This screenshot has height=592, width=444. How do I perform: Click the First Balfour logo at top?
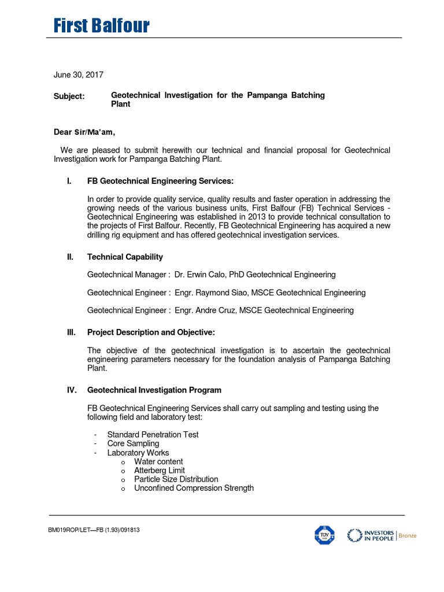[102, 26]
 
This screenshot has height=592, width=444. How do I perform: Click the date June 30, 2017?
[79, 75]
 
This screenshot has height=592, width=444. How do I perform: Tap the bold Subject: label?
[69, 96]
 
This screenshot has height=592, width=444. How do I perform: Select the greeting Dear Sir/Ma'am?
[88, 132]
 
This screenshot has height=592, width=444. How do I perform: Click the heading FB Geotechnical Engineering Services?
[160, 181]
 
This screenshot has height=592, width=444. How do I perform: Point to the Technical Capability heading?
[125, 257]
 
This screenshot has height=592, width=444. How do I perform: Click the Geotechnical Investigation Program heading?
[154, 390]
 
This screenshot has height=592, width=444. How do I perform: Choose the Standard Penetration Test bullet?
[153, 434]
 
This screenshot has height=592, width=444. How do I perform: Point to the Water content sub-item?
[158, 461]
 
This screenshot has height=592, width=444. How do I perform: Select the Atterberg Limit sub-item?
[160, 471]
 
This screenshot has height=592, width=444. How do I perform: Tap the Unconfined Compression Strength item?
[194, 488]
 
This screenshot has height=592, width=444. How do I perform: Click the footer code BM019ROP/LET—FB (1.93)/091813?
[94, 530]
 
